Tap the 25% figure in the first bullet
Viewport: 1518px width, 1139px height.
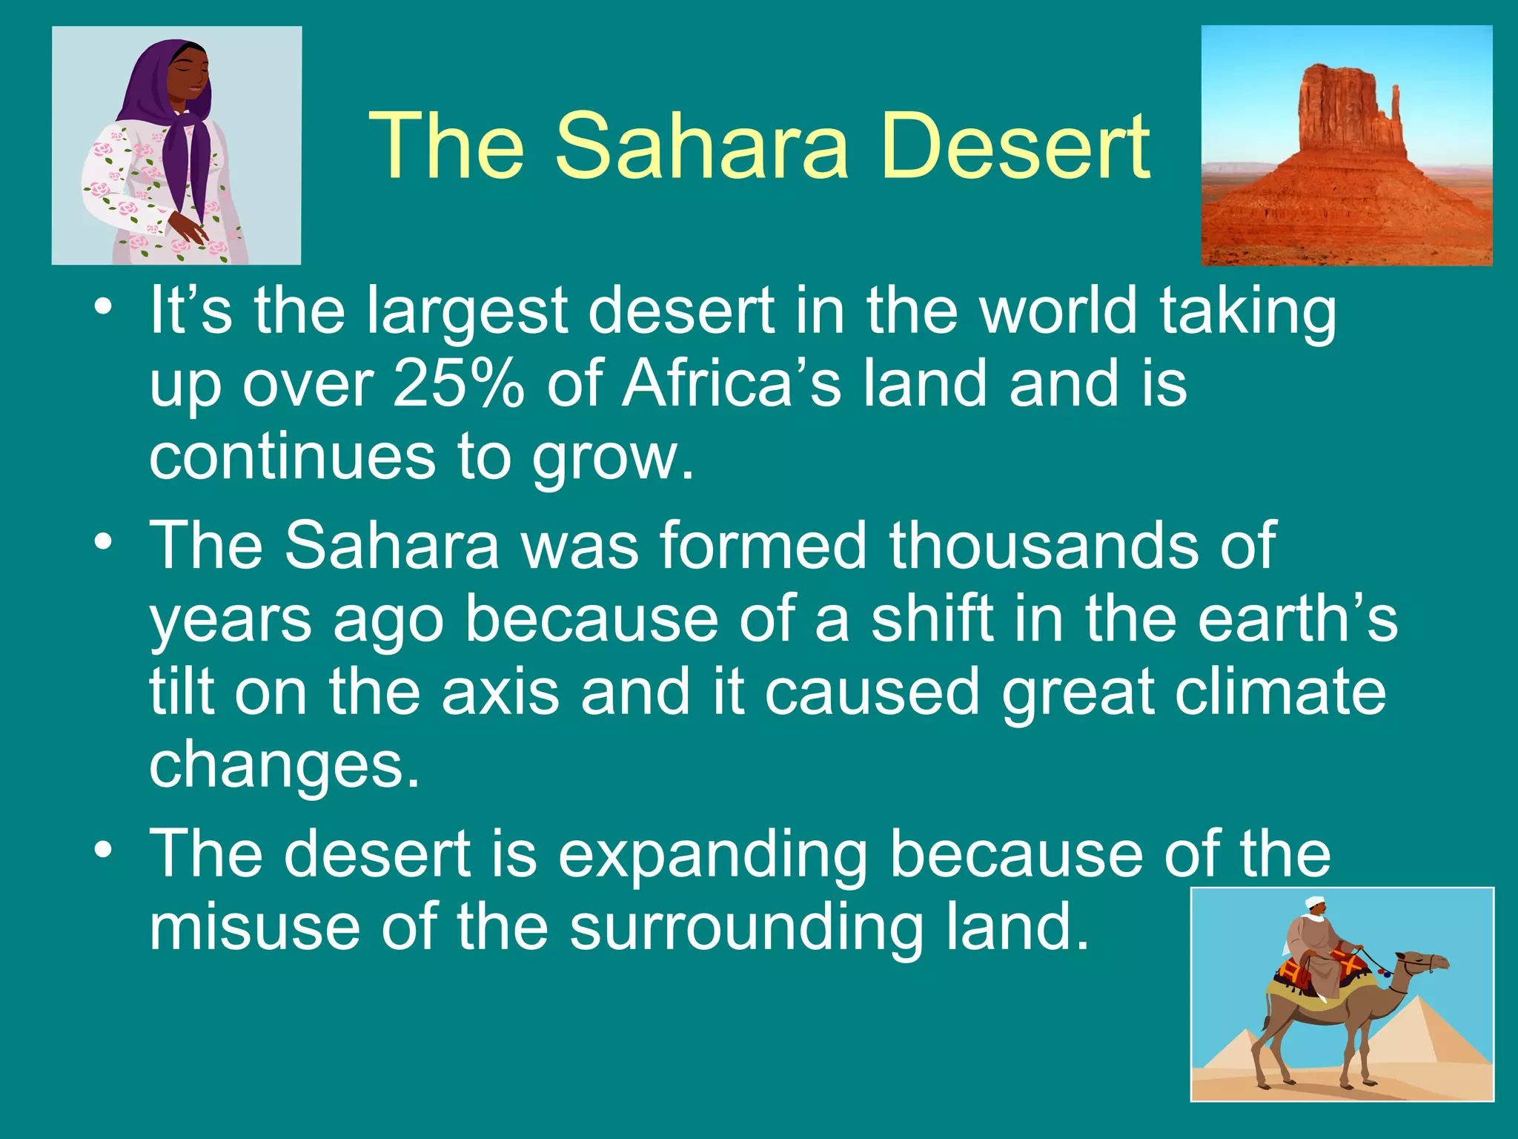tap(457, 384)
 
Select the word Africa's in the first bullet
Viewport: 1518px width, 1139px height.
tap(731, 384)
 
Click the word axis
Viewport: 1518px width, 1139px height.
tap(500, 692)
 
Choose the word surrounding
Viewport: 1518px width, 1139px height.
tap(746, 928)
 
